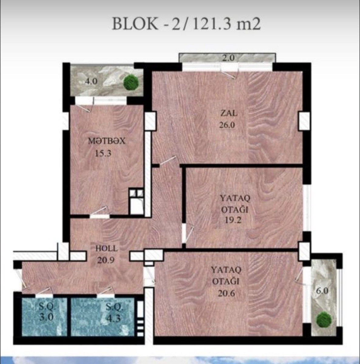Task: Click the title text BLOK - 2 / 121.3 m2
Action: (x=186, y=24)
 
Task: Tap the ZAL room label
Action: (x=229, y=113)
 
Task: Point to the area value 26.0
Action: (x=227, y=125)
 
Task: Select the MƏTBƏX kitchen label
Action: (x=107, y=141)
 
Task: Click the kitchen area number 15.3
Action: (x=103, y=153)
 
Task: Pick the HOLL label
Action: (x=107, y=248)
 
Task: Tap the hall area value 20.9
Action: (x=106, y=260)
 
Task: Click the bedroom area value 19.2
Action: (x=233, y=220)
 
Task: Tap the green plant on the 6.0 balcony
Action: (x=324, y=319)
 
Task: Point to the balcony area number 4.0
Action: (x=91, y=82)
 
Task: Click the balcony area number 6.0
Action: (x=322, y=291)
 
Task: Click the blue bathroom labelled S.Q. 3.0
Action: (x=45, y=317)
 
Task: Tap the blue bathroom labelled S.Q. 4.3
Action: (x=103, y=317)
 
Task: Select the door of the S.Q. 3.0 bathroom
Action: (x=44, y=292)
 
